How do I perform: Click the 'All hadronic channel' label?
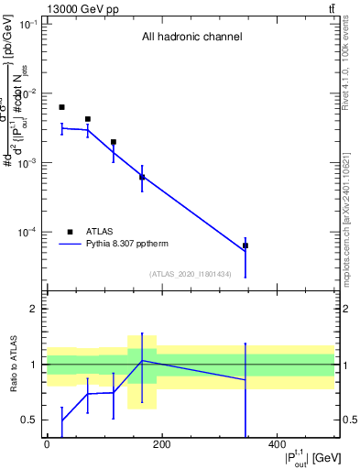click(x=191, y=38)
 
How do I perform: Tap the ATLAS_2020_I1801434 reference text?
click(x=190, y=274)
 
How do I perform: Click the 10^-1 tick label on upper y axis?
click(x=28, y=24)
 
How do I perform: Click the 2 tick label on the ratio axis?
click(x=34, y=310)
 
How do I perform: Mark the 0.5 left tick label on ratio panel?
click(x=30, y=420)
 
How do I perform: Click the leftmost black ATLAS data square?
click(x=61, y=107)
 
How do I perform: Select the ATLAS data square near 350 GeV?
click(x=245, y=245)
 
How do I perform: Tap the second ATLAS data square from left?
click(x=87, y=119)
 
